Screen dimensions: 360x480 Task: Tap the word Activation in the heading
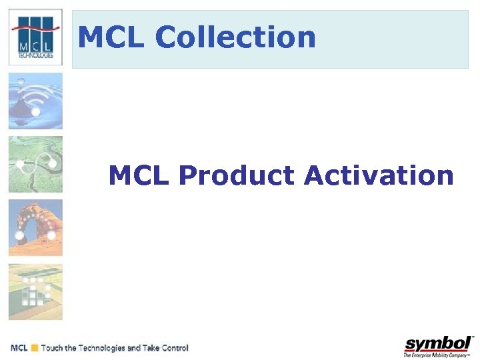click(x=378, y=176)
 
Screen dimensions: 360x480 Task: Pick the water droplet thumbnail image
click(x=35, y=101)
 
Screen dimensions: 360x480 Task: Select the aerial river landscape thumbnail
click(x=35, y=165)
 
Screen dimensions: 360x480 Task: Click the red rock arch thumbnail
click(x=35, y=228)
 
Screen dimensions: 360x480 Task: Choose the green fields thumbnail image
click(x=35, y=292)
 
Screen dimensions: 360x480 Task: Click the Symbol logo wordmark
click(x=437, y=344)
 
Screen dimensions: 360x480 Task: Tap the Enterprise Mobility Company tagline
click(x=437, y=355)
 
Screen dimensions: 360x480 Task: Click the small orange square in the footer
click(x=34, y=348)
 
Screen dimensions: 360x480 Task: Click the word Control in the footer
click(x=174, y=348)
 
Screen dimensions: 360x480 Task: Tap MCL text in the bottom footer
click(x=19, y=348)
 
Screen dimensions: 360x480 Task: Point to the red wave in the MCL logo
click(x=35, y=29)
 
